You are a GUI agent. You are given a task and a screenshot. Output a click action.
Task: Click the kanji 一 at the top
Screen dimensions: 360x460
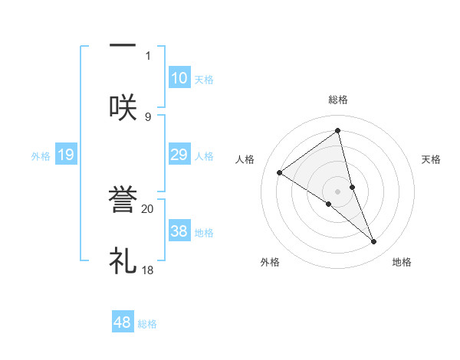123,45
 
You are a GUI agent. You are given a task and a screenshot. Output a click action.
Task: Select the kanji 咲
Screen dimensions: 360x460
123,106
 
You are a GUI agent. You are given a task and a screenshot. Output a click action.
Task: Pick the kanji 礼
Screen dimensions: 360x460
123,260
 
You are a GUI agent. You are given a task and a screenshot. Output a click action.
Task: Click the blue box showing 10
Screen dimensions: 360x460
179,77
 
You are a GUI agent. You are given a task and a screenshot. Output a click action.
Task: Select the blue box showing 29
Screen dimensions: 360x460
179,155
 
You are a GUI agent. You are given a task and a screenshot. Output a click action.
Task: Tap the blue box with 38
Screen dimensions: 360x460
179,231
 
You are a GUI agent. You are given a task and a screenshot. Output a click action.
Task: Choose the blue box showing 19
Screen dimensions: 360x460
65,155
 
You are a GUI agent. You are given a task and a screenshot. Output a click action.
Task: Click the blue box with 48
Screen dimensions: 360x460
122,322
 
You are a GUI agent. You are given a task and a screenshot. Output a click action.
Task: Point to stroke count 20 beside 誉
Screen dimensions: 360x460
148,208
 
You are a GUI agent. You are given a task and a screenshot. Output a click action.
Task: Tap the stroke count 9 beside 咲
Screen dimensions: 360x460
148,116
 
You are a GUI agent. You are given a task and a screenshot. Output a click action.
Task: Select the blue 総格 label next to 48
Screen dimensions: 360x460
147,324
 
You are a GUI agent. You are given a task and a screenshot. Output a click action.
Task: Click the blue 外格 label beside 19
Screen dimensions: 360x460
41,156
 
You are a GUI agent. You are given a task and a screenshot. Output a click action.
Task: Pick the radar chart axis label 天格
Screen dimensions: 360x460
431,159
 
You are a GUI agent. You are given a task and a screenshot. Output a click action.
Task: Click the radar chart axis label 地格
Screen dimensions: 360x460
402,262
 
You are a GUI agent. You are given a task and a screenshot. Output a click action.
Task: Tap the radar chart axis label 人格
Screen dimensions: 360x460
245,159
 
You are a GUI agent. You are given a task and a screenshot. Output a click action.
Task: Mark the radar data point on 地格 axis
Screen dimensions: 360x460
374,241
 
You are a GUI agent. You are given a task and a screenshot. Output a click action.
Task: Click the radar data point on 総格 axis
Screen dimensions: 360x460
337,131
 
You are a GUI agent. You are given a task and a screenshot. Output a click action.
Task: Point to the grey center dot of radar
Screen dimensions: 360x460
337,191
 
